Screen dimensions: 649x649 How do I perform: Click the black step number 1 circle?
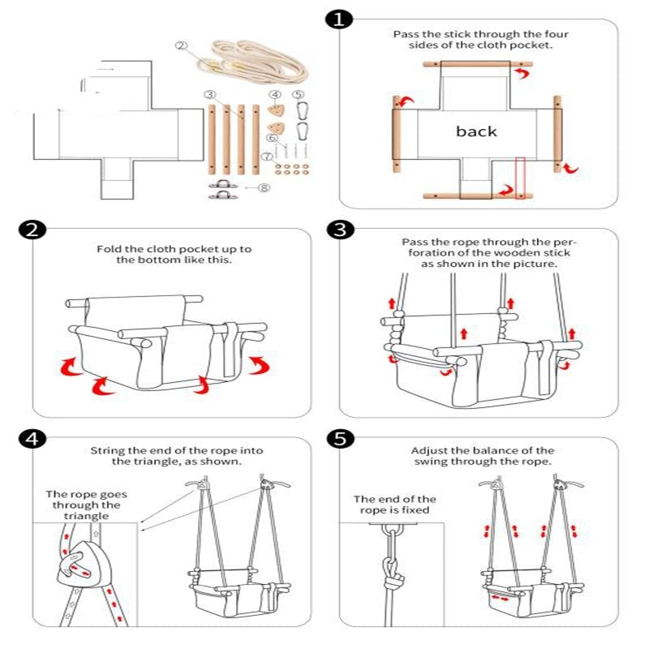339,19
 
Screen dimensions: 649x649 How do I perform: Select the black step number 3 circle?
339,230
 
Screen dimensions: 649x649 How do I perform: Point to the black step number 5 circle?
339,439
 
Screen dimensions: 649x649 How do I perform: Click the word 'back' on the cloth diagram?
476,131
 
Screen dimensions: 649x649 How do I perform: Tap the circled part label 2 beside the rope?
181,45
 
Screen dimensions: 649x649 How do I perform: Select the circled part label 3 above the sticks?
209,95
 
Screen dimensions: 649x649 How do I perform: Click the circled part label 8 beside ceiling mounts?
263,188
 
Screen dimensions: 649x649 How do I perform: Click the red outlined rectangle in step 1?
520,175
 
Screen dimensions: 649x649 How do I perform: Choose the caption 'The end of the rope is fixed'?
394,505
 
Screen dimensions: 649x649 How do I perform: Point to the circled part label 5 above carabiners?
299,95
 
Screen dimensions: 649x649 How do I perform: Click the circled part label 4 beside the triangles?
275,95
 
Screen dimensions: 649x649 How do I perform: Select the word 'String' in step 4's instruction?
106,450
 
